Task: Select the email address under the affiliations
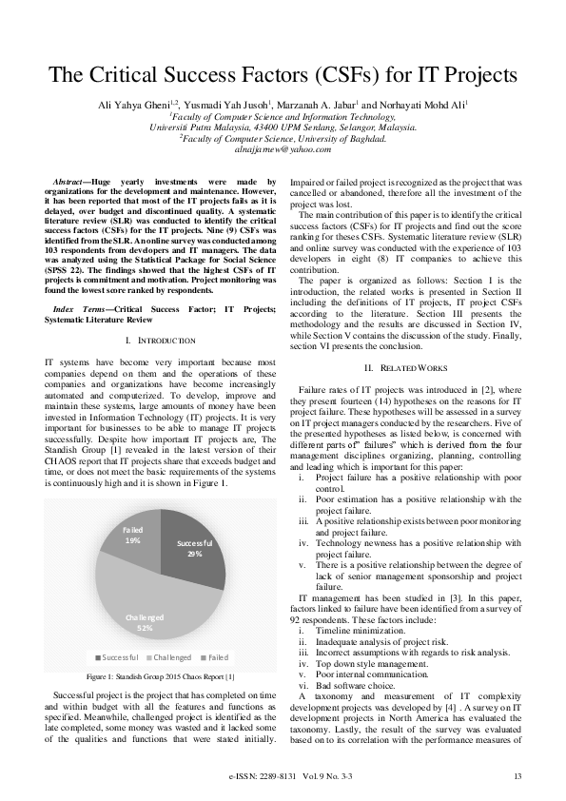pos(283,148)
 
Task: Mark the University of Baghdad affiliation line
pos(283,137)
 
